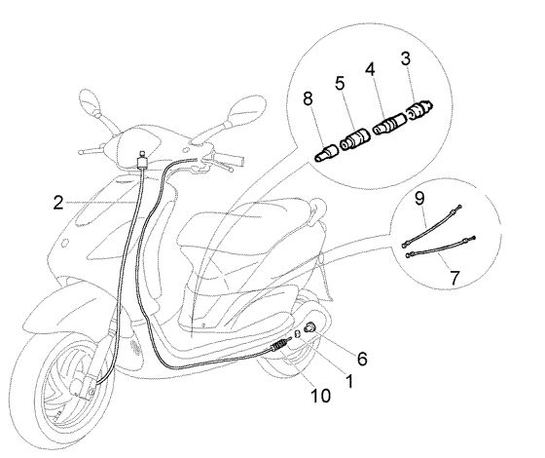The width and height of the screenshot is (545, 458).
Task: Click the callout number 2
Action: click(x=58, y=203)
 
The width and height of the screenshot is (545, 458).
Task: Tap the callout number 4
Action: click(x=371, y=69)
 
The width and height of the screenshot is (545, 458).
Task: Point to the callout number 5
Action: click(x=340, y=84)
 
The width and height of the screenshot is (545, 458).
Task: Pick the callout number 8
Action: click(x=308, y=98)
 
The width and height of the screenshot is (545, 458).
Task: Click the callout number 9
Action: click(x=419, y=199)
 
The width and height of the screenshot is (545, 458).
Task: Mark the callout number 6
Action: click(x=362, y=359)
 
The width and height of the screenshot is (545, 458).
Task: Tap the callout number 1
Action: click(x=349, y=381)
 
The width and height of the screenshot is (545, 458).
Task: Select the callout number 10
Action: click(x=320, y=396)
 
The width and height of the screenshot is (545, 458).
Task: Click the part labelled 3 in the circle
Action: click(x=419, y=108)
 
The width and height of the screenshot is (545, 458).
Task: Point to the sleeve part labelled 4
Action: click(x=389, y=126)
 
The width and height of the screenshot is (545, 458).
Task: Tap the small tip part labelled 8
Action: click(x=326, y=153)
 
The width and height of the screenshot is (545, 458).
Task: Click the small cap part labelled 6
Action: click(x=309, y=327)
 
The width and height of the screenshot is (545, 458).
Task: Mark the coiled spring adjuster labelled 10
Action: click(x=278, y=346)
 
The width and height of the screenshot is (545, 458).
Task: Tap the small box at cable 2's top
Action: click(x=142, y=162)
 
